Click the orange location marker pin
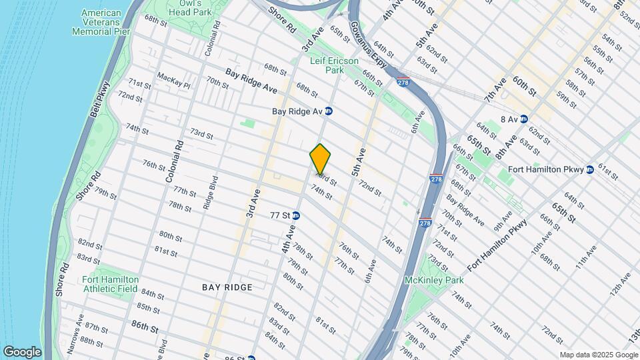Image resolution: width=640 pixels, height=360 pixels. point(321,159)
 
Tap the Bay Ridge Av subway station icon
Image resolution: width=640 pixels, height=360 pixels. point(329,111)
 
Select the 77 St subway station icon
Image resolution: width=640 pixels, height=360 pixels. point(295,215)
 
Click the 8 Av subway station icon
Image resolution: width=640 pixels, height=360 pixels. point(524,119)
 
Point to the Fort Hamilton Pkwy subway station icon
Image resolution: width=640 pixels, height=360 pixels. point(590,169)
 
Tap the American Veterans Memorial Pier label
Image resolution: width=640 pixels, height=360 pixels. point(101,22)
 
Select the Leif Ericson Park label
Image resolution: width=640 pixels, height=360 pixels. point(327,65)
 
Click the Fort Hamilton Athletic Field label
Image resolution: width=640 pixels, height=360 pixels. point(111,284)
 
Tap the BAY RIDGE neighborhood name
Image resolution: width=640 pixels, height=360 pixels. point(227,287)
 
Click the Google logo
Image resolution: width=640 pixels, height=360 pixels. point(22,351)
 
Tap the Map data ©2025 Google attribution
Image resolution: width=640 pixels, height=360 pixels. point(597,355)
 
